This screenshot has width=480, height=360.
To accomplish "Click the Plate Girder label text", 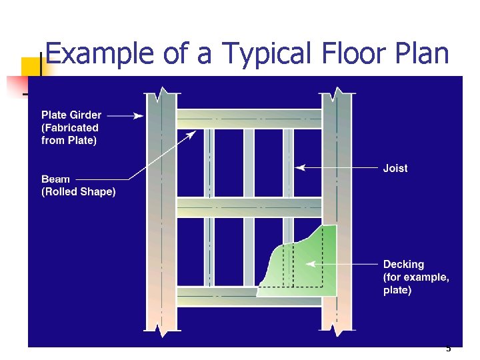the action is click(71, 115).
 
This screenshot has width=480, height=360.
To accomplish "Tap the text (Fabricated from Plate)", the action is click(69, 134).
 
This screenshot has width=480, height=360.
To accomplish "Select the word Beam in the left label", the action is click(55, 179).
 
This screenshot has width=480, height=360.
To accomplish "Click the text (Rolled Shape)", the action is click(78, 192).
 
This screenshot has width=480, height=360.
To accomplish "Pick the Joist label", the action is click(395, 169).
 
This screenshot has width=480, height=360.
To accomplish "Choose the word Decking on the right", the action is click(403, 265).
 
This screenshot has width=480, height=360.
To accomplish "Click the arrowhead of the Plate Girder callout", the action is click(139, 116).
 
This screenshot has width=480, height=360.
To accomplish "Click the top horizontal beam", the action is click(249, 119).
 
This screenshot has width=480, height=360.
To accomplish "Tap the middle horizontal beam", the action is click(249, 207).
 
